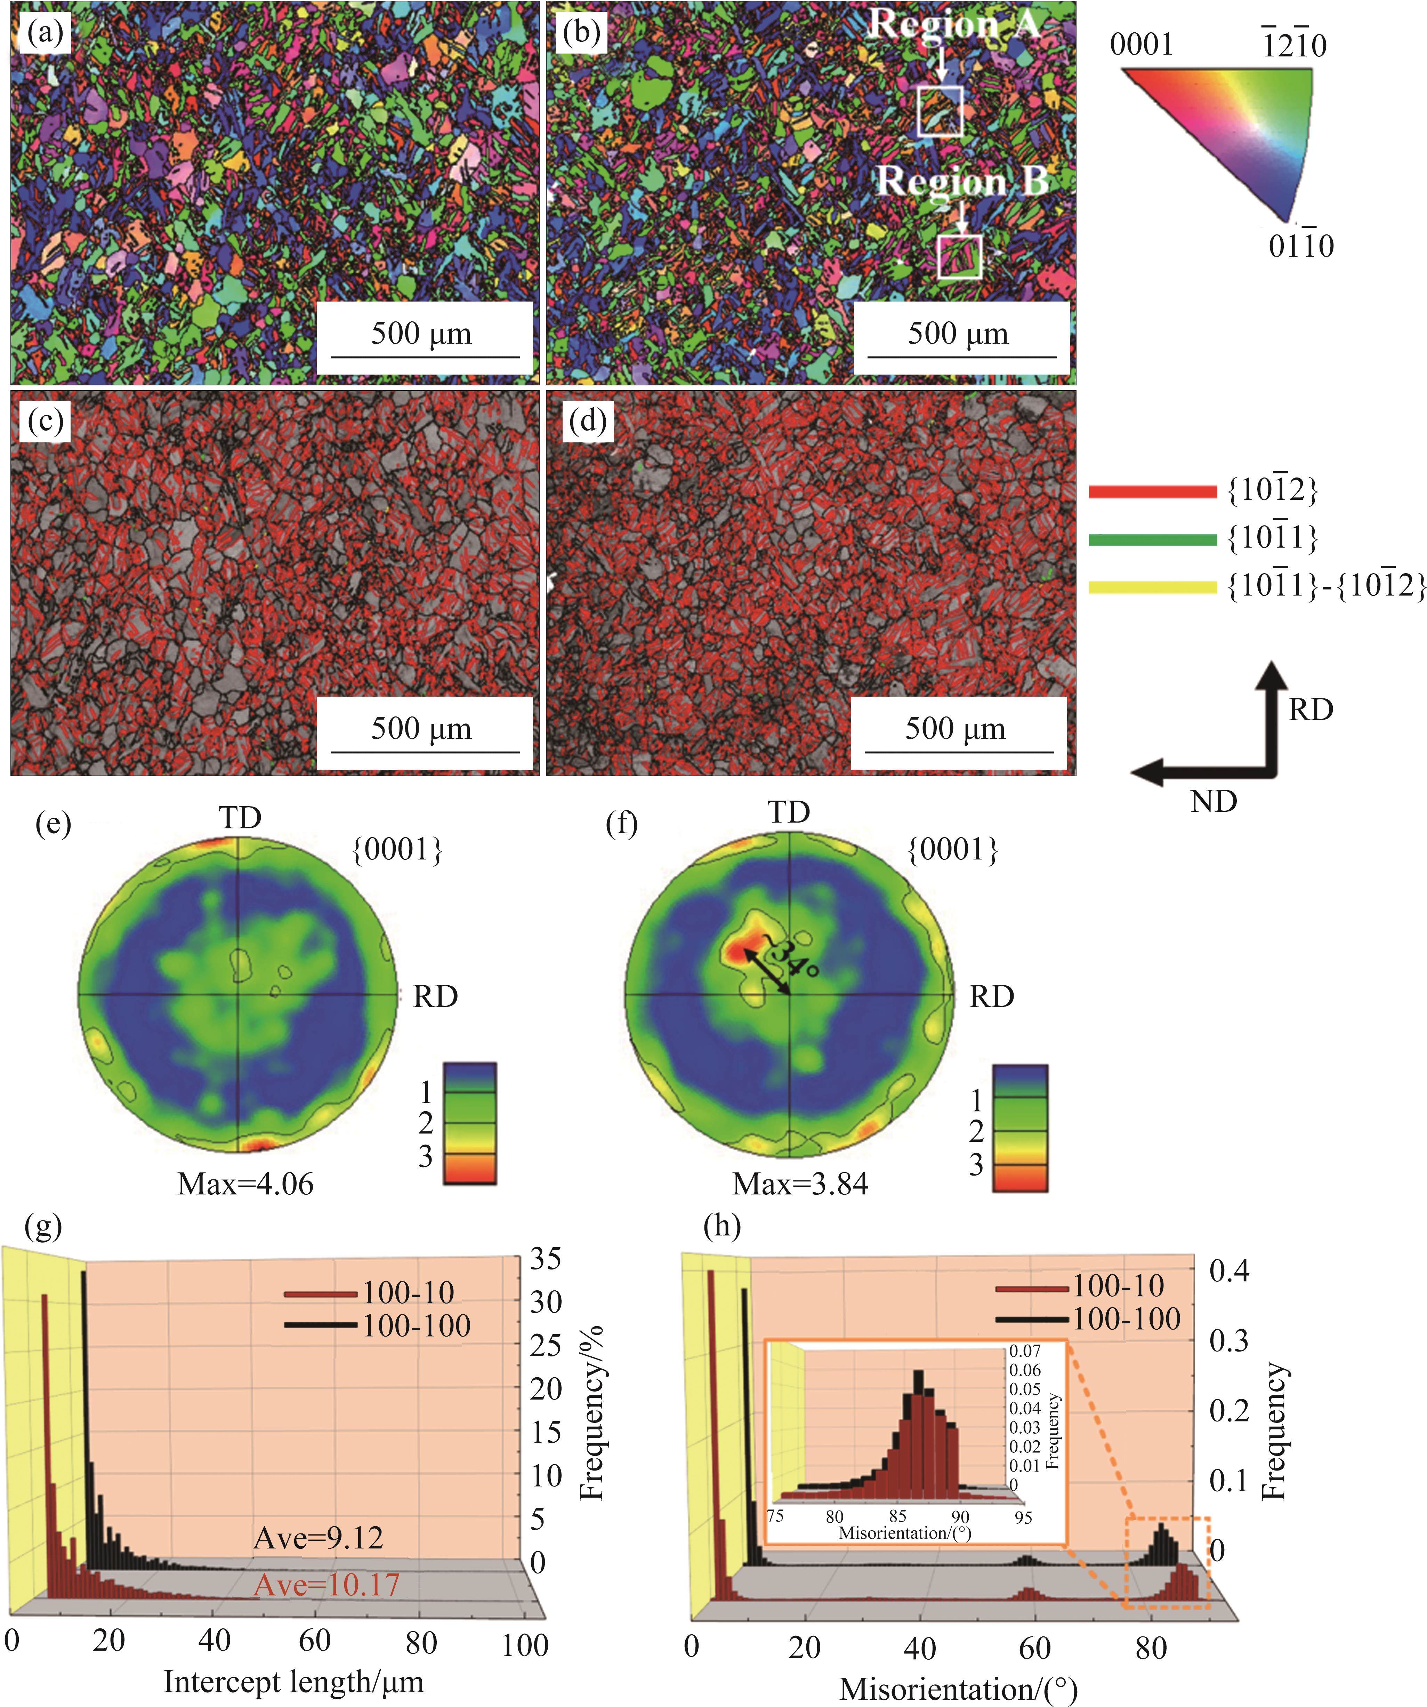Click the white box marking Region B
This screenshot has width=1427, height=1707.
click(960, 257)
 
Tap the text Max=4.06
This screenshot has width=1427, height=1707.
click(245, 1184)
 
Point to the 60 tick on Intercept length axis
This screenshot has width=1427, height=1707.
click(314, 1640)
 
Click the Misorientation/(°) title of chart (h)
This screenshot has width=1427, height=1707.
click(957, 1688)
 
